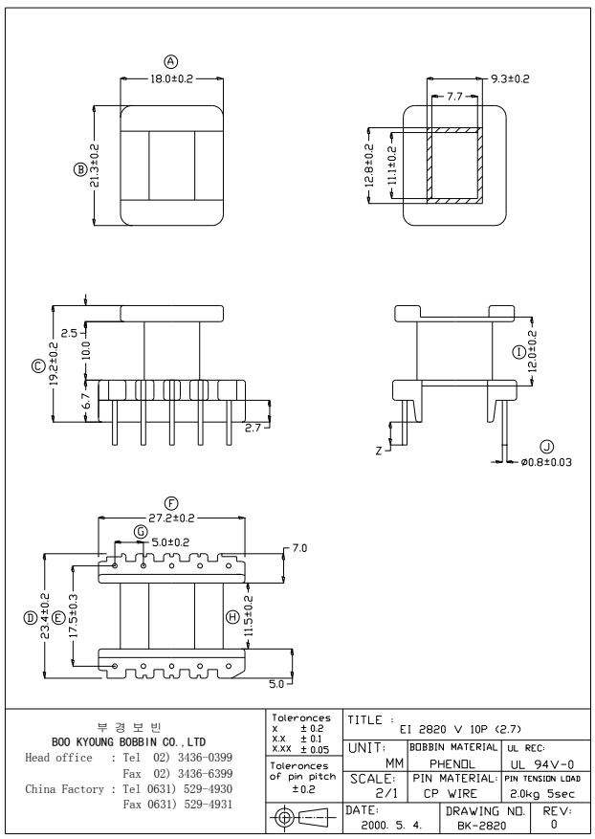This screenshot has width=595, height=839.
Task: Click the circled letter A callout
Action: pyautogui.click(x=171, y=63)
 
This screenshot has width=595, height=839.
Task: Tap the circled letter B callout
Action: pyautogui.click(x=80, y=169)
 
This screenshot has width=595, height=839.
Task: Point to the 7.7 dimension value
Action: pyautogui.click(x=454, y=97)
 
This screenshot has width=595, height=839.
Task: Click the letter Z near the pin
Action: pyautogui.click(x=380, y=449)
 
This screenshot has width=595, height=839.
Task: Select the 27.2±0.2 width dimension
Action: pyautogui.click(x=172, y=518)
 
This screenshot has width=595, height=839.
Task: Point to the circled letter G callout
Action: pyautogui.click(x=141, y=531)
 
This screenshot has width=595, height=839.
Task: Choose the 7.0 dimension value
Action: pyautogui.click(x=298, y=549)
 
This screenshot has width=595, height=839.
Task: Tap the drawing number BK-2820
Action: pyautogui.click(x=474, y=823)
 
